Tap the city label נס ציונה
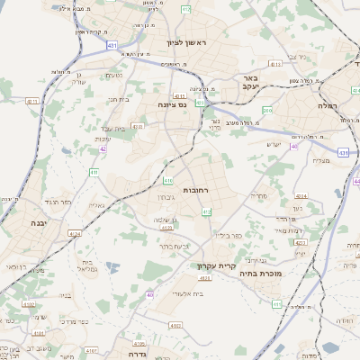coord(170,105)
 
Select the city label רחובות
coord(197,191)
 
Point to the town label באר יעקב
coord(250,84)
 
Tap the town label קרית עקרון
coord(214,266)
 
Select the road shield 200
coord(267,110)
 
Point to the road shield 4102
coord(29,304)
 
